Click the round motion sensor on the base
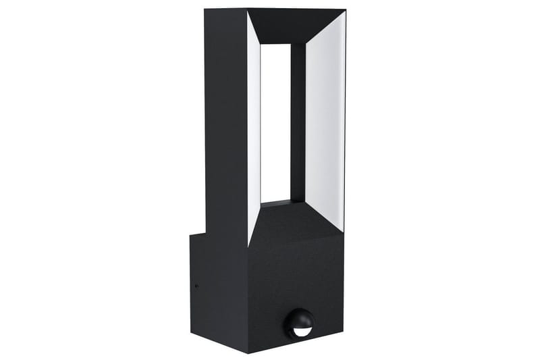[298, 324]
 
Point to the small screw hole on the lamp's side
[196, 285]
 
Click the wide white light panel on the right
[325, 115]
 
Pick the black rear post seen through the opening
[298, 122]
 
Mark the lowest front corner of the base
[248, 352]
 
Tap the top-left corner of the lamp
[205, 9]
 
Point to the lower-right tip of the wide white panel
[344, 230]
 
